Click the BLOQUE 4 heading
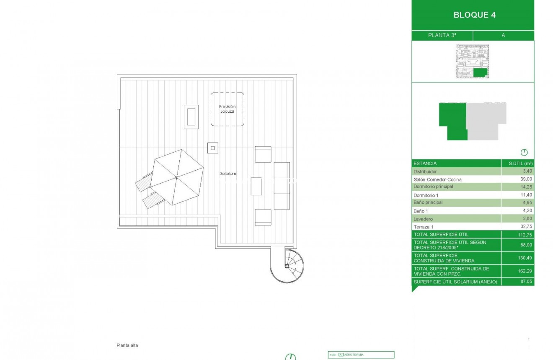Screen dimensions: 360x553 pyautogui.click(x=474, y=15)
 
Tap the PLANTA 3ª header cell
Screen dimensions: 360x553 pyautogui.click(x=442, y=36)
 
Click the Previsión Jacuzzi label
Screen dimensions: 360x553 pyautogui.click(x=227, y=109)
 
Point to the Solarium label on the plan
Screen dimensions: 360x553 pyautogui.click(x=228, y=174)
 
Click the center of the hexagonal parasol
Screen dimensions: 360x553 pyautogui.click(x=176, y=178)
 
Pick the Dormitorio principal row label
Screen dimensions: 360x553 pyautogui.click(x=433, y=186)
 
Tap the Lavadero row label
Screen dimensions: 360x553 pyautogui.click(x=423, y=219)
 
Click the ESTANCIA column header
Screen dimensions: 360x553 pyautogui.click(x=425, y=163)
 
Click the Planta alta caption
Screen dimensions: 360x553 pyautogui.click(x=127, y=346)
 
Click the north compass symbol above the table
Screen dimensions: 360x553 pyautogui.click(x=524, y=153)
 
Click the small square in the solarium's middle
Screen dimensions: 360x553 pyautogui.click(x=213, y=148)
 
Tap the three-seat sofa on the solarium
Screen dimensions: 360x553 pyautogui.click(x=282, y=186)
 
